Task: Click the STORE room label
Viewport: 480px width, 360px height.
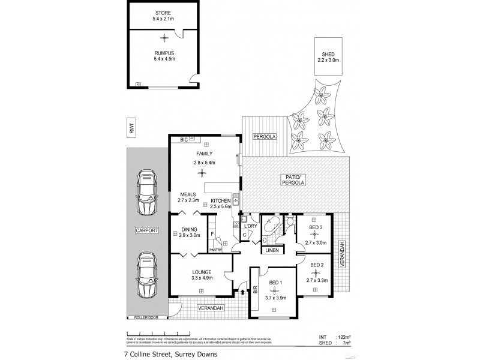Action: pyautogui.click(x=163, y=13)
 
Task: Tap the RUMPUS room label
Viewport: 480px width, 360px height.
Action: pyautogui.click(x=163, y=53)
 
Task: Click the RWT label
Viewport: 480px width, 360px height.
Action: pyautogui.click(x=130, y=127)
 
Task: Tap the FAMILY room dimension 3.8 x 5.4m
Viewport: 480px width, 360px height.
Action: pyautogui.click(x=204, y=163)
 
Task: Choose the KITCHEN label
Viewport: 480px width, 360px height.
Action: pyautogui.click(x=220, y=200)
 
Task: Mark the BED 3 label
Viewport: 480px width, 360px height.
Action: pyautogui.click(x=316, y=228)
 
